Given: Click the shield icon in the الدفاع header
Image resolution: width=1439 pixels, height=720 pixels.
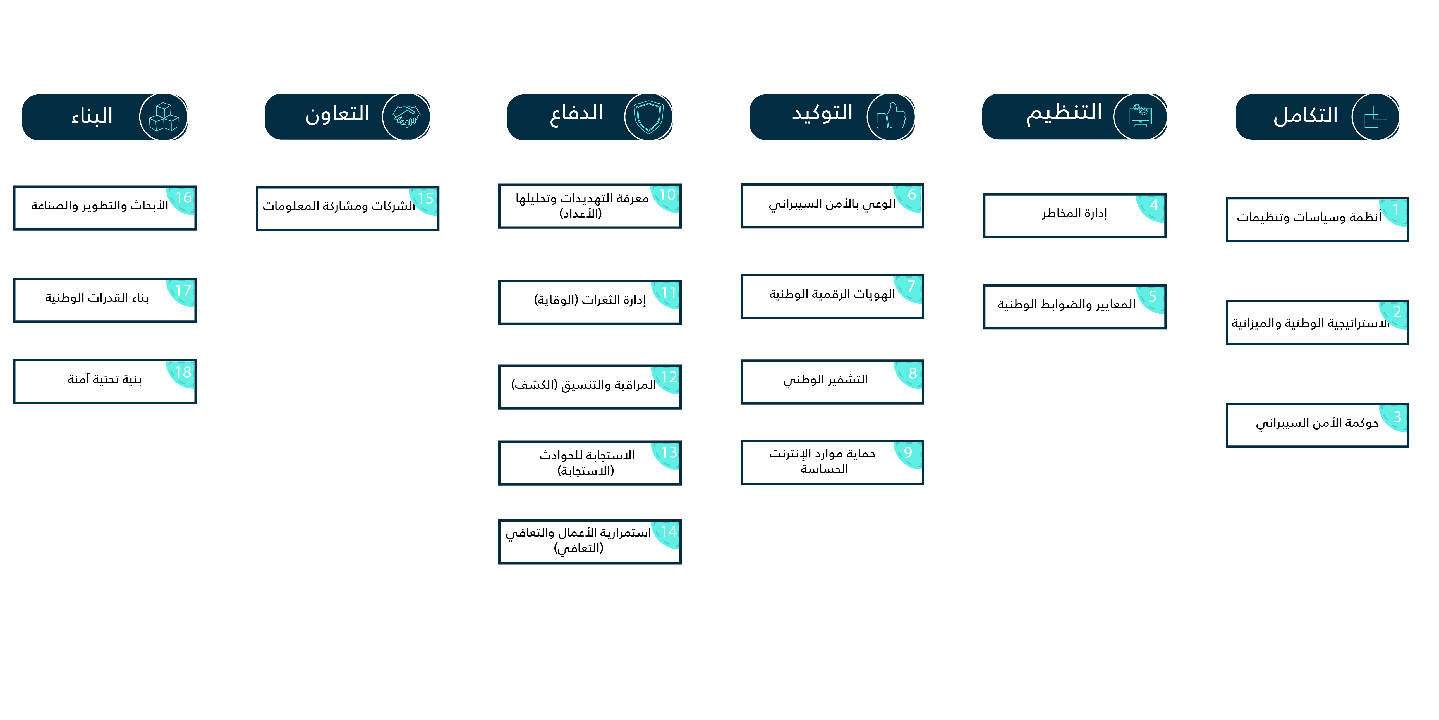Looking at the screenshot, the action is coord(648,117).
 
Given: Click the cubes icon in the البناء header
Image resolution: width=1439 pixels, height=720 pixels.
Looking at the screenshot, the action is coord(164,117).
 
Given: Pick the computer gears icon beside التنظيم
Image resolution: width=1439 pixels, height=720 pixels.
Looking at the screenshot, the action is coord(1140,116).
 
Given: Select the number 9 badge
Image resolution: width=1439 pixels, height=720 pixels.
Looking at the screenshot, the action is coord(908,453).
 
